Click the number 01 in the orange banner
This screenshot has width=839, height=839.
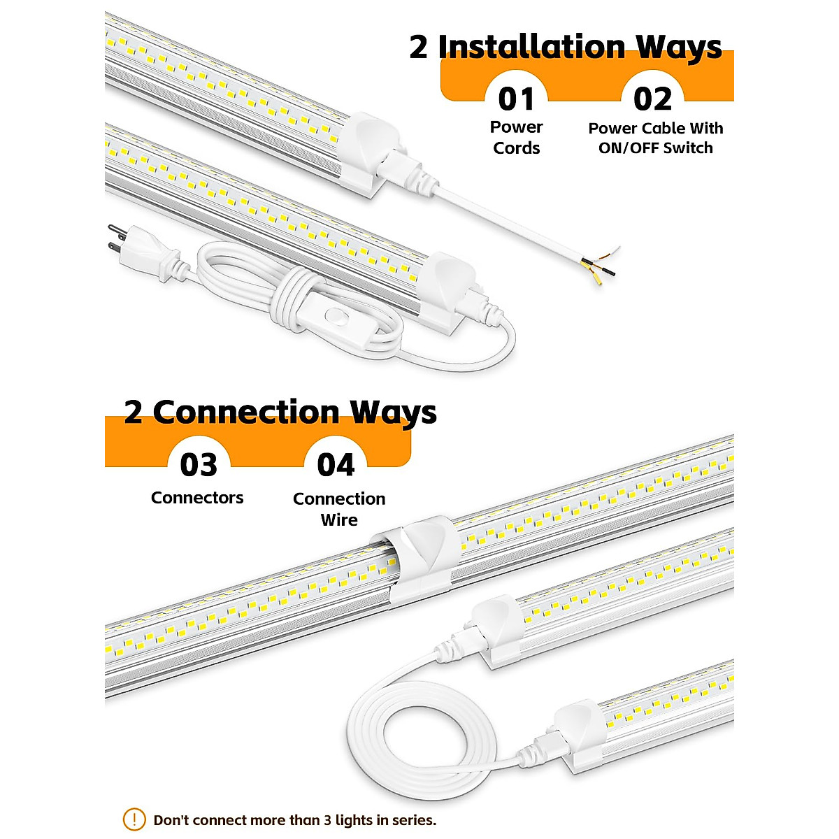[x=516, y=99]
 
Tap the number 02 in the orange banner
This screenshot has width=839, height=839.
[x=652, y=99]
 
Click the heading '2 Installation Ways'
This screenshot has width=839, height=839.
[x=565, y=47]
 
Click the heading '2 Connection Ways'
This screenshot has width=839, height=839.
[x=280, y=412]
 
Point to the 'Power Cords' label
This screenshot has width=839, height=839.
[x=516, y=138]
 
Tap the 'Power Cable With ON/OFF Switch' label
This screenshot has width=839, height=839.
[x=655, y=138]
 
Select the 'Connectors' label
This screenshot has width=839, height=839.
[x=197, y=498]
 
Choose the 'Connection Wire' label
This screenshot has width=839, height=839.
[x=339, y=509]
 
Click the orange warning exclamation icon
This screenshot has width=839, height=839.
[x=134, y=819]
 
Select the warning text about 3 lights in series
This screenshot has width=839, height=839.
[x=294, y=820]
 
